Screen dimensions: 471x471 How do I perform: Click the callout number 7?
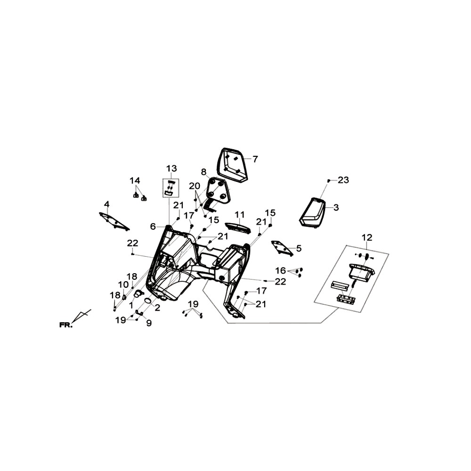255,159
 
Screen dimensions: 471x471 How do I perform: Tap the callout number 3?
336,207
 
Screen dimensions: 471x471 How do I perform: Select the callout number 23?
343,180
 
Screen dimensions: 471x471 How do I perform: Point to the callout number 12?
367,237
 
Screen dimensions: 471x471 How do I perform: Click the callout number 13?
172,168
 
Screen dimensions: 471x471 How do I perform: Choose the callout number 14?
135,180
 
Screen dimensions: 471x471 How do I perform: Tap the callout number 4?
106,204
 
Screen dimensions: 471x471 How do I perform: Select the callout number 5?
299,248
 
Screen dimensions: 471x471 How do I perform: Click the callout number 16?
281,270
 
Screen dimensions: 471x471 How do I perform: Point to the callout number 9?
149,323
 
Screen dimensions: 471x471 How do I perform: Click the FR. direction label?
66,325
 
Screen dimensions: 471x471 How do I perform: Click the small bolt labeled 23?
329,180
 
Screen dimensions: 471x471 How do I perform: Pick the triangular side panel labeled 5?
282,248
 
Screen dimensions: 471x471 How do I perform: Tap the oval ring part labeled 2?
148,301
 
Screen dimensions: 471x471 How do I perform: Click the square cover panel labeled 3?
313,213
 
